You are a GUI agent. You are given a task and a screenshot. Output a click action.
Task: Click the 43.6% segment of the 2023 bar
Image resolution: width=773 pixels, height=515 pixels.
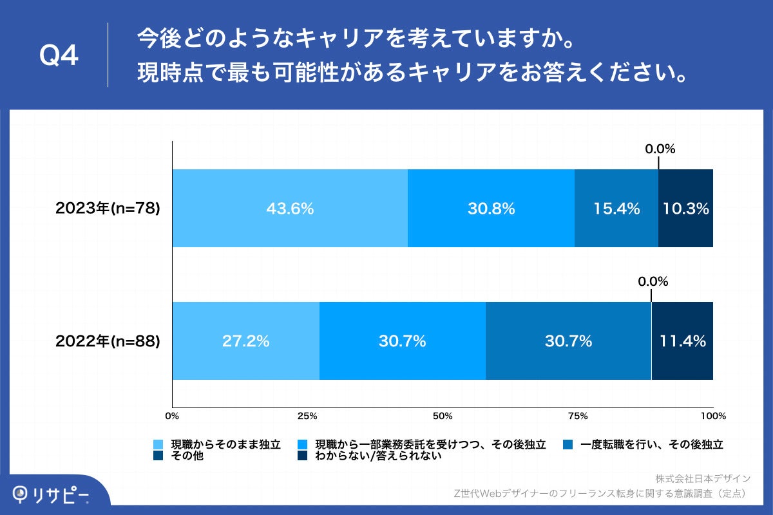[x=290, y=209]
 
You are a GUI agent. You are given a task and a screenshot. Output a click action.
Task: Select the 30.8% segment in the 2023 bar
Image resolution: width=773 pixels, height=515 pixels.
[x=491, y=209]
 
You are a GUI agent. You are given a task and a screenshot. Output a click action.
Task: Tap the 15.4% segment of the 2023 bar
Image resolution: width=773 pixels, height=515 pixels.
[x=616, y=209]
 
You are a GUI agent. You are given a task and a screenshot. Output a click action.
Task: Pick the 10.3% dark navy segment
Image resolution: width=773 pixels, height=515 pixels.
[x=685, y=209]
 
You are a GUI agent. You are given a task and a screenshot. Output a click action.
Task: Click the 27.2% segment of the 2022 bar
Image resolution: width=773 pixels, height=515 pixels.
[x=245, y=341]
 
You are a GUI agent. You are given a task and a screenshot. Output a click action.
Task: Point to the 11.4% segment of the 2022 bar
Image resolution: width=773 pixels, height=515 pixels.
[x=682, y=341]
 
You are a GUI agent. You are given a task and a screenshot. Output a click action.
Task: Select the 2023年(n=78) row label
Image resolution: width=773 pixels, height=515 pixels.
[x=107, y=209]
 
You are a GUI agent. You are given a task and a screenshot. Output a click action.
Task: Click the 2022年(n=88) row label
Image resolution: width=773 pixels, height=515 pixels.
[x=107, y=341]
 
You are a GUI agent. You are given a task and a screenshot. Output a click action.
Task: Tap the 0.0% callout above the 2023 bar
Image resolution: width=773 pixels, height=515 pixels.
[x=660, y=149]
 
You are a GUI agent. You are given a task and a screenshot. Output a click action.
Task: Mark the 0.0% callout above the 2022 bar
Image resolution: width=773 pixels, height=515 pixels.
[x=653, y=282]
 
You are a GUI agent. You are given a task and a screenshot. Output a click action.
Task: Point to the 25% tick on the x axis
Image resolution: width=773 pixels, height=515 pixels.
[x=308, y=416]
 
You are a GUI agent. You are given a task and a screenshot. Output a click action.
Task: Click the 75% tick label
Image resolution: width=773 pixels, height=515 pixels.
[x=578, y=416]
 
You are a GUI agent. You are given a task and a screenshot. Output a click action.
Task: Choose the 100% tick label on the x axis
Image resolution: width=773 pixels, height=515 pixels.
[x=713, y=416]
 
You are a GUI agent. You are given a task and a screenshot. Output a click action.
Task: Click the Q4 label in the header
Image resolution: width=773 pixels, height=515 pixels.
[x=59, y=57]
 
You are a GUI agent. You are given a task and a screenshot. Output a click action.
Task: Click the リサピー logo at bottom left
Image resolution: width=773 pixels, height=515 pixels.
[x=52, y=494]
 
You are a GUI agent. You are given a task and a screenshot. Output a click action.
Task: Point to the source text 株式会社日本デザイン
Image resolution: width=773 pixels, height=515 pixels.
[x=703, y=479]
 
